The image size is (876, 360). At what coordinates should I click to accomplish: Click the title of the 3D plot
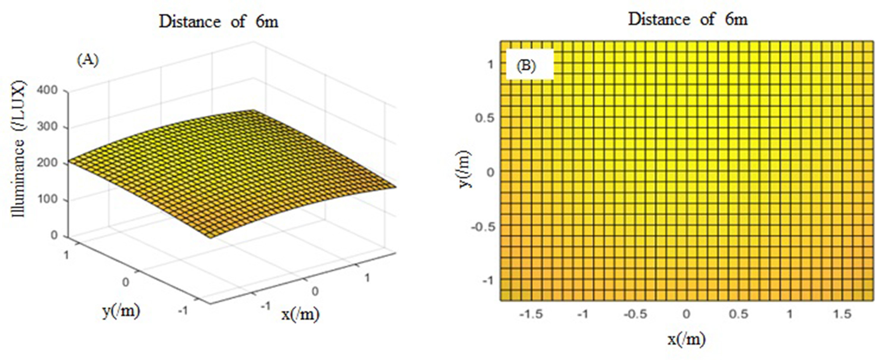coord(218,22)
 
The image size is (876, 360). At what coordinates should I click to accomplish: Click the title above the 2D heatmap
coord(687,19)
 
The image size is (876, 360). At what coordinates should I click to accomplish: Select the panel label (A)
coord(88,60)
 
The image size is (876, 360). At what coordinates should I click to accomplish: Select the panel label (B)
coord(526,66)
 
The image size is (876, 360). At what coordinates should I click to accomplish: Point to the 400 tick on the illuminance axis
coord(47,90)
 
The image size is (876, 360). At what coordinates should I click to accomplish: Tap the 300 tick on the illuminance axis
coord(47,126)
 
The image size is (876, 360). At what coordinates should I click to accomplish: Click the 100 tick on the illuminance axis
coord(47,199)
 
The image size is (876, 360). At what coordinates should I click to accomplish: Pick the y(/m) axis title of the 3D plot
coord(121,311)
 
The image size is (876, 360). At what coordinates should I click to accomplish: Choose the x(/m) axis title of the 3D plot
coord(300,314)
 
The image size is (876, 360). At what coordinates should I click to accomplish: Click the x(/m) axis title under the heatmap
coord(686,339)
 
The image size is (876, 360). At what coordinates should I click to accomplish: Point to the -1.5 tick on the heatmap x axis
coord(531,314)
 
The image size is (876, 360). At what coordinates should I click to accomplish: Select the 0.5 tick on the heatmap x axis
coord(738,314)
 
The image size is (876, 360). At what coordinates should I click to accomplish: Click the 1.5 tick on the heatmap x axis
coord(842,314)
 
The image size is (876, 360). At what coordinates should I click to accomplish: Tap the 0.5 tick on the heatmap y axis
coord(484,118)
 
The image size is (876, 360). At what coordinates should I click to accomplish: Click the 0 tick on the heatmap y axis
coord(490,173)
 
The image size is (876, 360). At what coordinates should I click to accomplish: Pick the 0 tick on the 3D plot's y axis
coord(125,282)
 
